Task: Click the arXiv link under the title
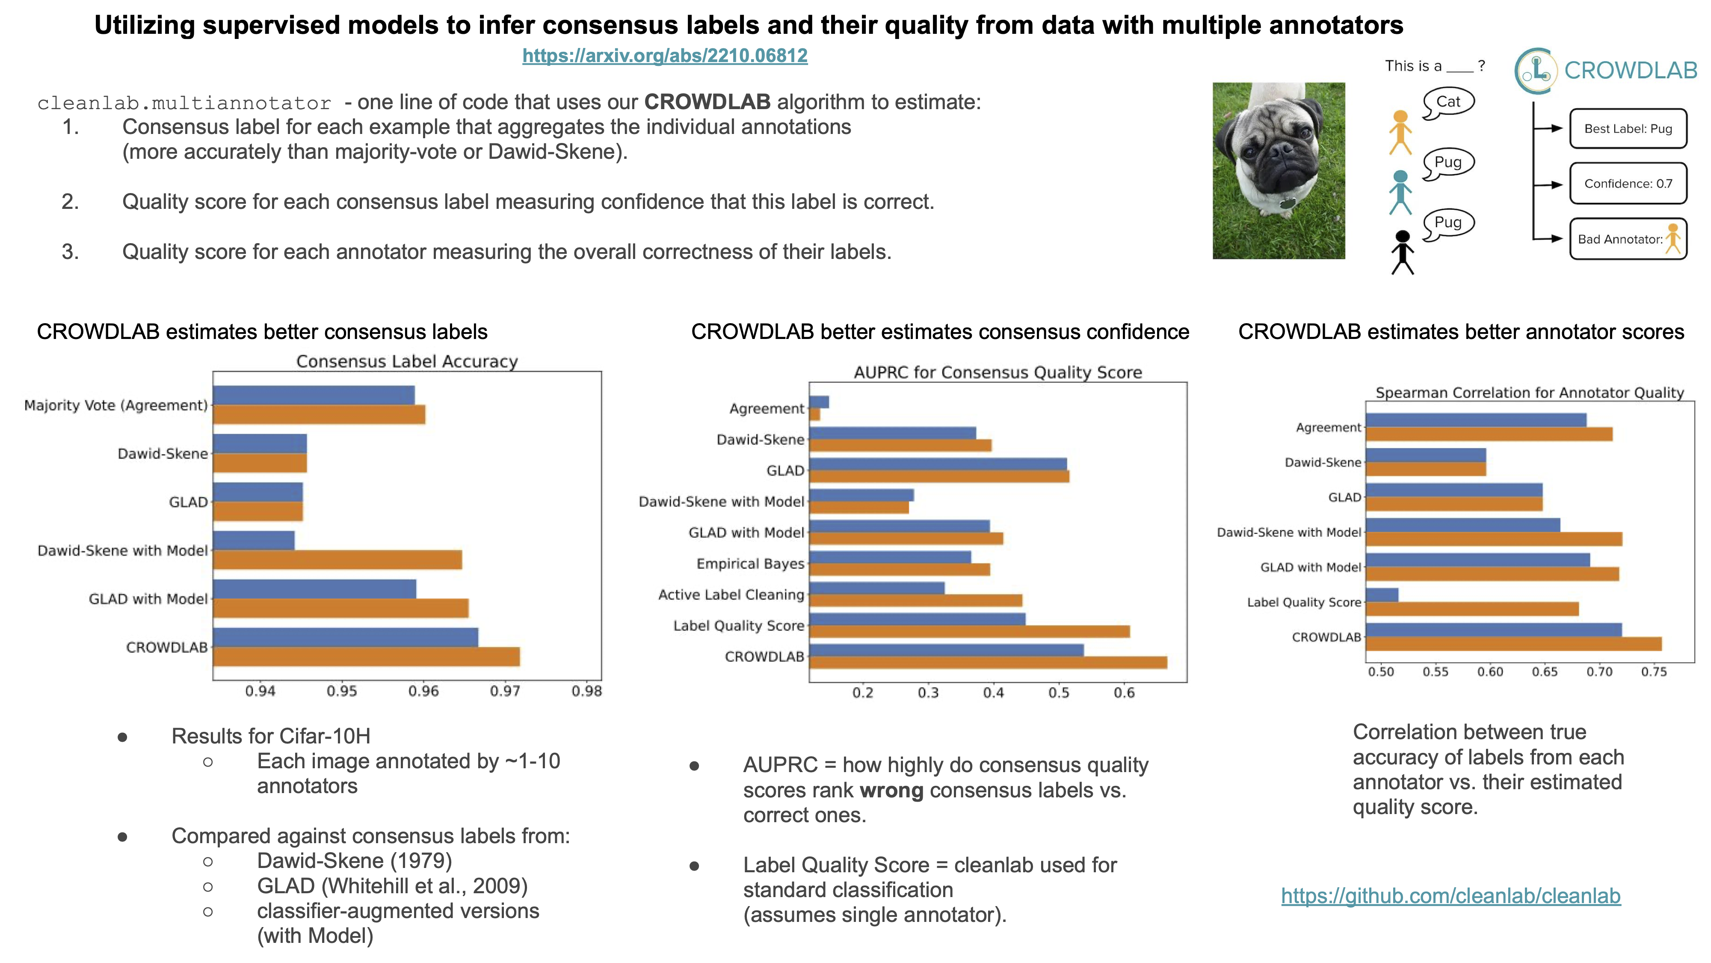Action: coord(664,55)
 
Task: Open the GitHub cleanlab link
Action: coord(1450,895)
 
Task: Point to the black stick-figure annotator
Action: coord(1402,253)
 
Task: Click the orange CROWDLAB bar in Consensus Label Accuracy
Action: coord(366,657)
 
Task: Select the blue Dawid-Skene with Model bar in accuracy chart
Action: coord(254,540)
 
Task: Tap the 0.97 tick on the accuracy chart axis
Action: coord(505,691)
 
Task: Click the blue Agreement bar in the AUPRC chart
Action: coord(819,402)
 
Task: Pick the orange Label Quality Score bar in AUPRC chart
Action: coord(969,631)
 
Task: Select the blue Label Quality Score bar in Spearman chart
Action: coord(1382,595)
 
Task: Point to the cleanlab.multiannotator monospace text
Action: coord(184,103)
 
